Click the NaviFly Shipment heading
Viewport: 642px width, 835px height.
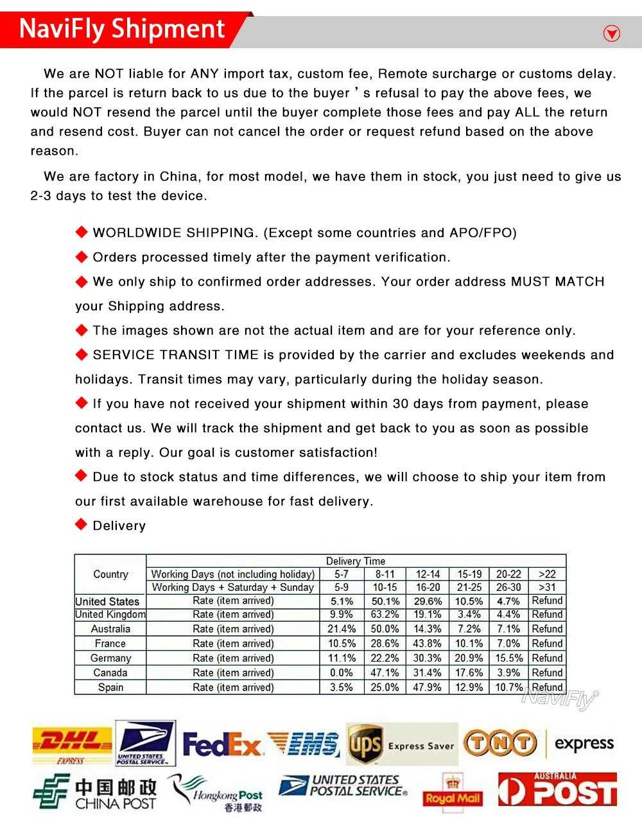coord(122,30)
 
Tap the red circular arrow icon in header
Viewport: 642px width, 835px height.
coord(612,33)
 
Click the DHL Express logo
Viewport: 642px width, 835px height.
coord(72,744)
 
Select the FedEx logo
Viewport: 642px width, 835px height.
coord(222,745)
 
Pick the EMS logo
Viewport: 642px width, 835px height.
coord(303,744)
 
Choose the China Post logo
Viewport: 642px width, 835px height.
coord(95,794)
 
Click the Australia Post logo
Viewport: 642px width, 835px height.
coord(557,790)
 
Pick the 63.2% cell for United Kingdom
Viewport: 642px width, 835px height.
coord(385,615)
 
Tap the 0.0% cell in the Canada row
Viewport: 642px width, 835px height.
coord(342,672)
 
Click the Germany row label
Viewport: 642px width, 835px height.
coord(110,658)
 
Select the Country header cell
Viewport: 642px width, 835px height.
coord(110,574)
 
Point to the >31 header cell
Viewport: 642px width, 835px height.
coord(547,587)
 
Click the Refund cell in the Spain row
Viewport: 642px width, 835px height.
coord(547,687)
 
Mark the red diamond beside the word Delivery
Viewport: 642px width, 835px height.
coord(81,525)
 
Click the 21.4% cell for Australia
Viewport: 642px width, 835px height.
coord(342,629)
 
